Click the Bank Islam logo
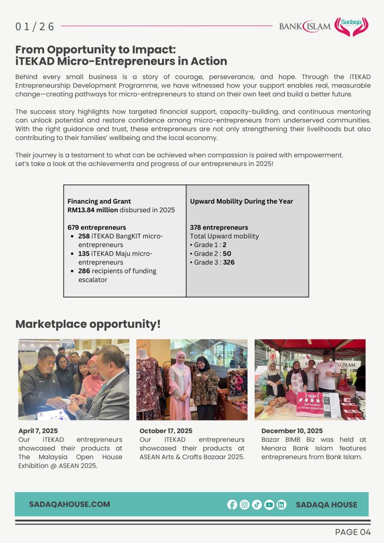304,26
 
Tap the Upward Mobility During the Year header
241,202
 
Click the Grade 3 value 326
229,262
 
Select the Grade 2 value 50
227,253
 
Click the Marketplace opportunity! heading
88,324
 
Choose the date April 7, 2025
38,431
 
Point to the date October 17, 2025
166,431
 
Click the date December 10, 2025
292,431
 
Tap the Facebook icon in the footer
232,505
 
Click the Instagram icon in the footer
245,505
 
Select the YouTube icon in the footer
269,505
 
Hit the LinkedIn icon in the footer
281,505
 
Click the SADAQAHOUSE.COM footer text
69,504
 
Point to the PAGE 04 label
353,532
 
